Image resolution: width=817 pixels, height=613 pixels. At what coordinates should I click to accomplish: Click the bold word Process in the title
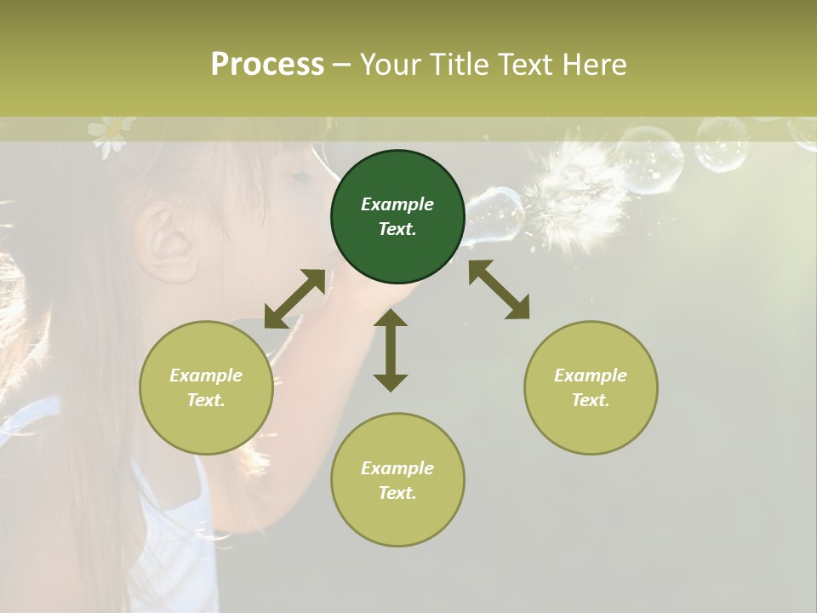point(267,65)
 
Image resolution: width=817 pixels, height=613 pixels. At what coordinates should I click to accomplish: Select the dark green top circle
point(397,216)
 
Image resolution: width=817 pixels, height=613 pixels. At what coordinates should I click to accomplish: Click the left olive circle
point(206,387)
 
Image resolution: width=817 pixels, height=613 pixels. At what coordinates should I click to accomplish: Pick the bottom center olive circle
point(397,480)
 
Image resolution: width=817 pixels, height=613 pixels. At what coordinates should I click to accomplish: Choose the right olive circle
point(591,387)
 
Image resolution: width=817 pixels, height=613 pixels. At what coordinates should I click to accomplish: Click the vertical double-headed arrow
point(391,350)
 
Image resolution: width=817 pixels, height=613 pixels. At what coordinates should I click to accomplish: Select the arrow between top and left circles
point(294,299)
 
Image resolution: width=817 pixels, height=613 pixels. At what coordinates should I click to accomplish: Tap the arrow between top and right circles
point(499,289)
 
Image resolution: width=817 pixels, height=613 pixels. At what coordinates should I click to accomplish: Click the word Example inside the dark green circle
point(397,204)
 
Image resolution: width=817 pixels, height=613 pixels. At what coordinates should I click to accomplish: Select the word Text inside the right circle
point(590,400)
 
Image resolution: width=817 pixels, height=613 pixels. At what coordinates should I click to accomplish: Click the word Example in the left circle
point(206,375)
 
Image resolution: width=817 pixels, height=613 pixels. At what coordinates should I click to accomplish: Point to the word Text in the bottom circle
point(397,493)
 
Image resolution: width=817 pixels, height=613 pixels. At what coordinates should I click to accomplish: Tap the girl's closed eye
point(299,178)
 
